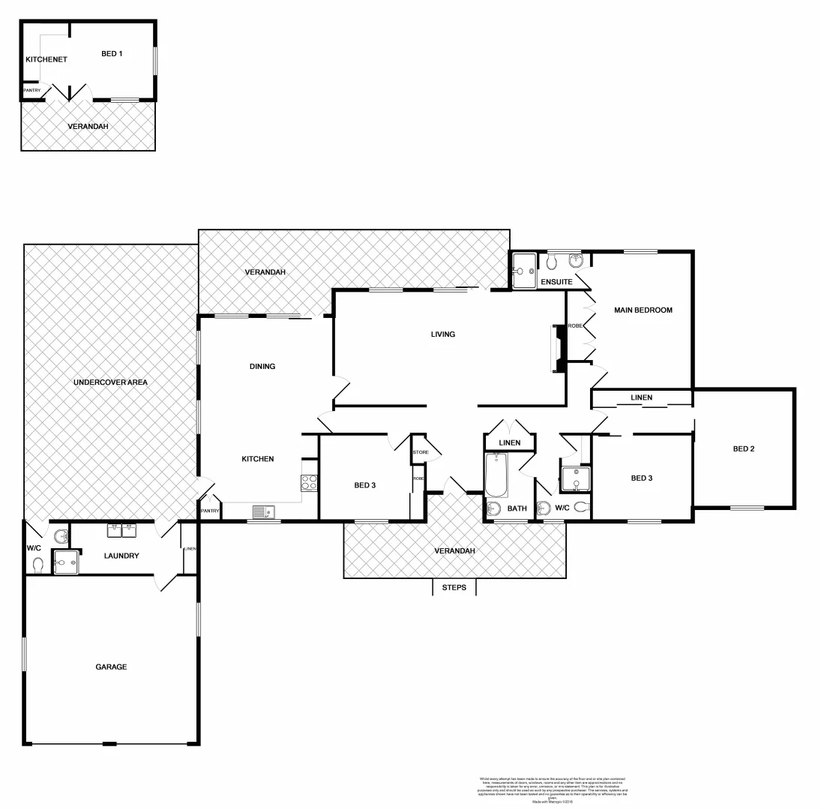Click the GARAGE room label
pyautogui.click(x=111, y=667)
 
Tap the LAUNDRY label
pyautogui.click(x=121, y=556)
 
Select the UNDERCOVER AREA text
pyautogui.click(x=110, y=382)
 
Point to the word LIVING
pyautogui.click(x=443, y=334)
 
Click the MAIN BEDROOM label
pyautogui.click(x=643, y=310)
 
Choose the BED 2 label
pyautogui.click(x=744, y=449)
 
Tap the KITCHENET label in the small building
pyautogui.click(x=46, y=59)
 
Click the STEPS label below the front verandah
pyautogui.click(x=454, y=587)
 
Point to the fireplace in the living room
pyautogui.click(x=559, y=348)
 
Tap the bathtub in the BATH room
pyautogui.click(x=496, y=475)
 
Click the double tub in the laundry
pyautogui.click(x=121, y=531)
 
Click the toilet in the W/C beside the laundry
pyautogui.click(x=38, y=563)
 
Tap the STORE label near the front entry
pyautogui.click(x=420, y=452)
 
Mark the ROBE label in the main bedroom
pyautogui.click(x=575, y=326)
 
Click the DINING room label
pyautogui.click(x=262, y=367)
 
